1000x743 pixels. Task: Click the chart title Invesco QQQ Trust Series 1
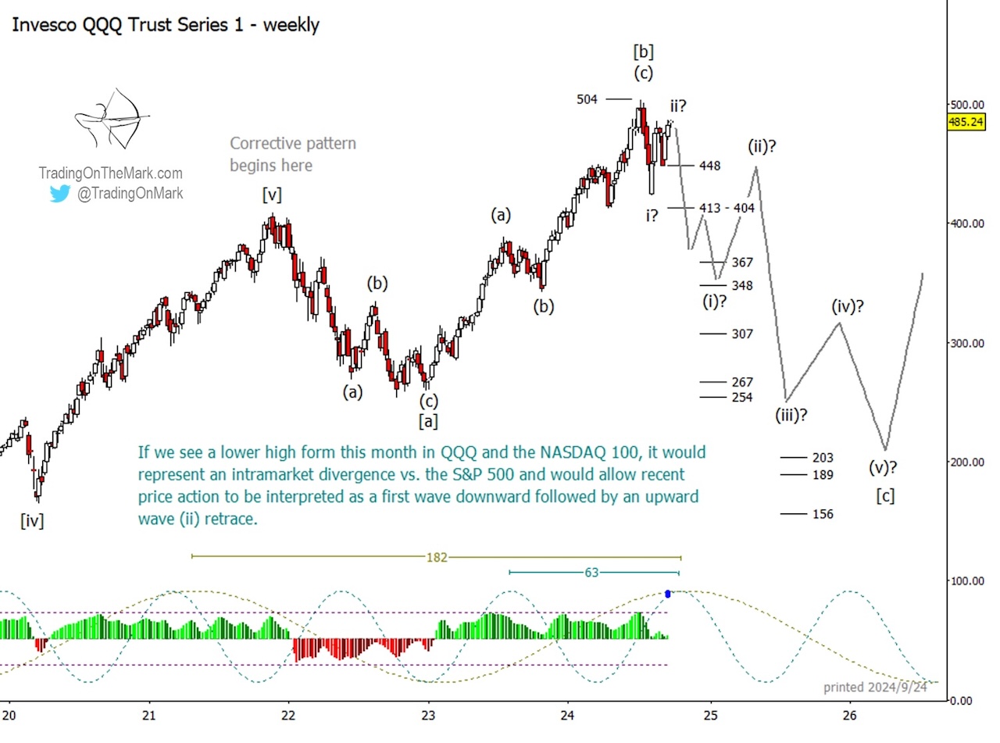pyautogui.click(x=166, y=24)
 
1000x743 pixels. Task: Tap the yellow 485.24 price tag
pyautogui.click(x=966, y=122)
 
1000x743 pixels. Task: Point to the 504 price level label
pyautogui.click(x=588, y=99)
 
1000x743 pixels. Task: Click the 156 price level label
pyautogui.click(x=823, y=514)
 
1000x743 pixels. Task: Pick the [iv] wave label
pyautogui.click(x=32, y=520)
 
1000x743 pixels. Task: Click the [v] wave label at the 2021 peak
pyautogui.click(x=273, y=195)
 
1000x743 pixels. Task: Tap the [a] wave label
pyautogui.click(x=427, y=421)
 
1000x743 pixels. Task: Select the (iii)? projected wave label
pyautogui.click(x=791, y=414)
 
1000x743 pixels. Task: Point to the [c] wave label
pyautogui.click(x=885, y=495)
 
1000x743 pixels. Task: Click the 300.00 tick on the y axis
pyautogui.click(x=966, y=343)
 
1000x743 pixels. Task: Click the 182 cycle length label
pyautogui.click(x=436, y=557)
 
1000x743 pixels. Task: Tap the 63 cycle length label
pyautogui.click(x=591, y=573)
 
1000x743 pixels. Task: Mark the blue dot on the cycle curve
pyautogui.click(x=668, y=594)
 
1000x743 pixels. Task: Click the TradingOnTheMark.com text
pyautogui.click(x=110, y=173)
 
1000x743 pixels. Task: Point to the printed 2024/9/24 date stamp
pyautogui.click(x=876, y=688)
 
